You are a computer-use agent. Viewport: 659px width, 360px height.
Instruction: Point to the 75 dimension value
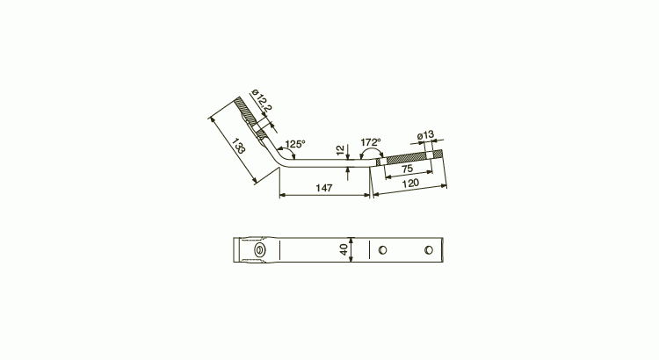point(408,169)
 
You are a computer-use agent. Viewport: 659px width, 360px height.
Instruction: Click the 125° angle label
point(294,143)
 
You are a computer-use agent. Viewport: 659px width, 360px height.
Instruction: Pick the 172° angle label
point(370,142)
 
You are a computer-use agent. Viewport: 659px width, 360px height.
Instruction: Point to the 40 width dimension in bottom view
point(344,249)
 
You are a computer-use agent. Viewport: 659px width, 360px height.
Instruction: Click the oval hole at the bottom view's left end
point(260,250)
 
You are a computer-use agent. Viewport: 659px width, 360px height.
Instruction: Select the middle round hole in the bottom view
point(382,250)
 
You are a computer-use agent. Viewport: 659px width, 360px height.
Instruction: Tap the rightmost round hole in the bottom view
point(428,250)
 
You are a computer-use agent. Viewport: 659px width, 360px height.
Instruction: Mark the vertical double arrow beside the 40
point(351,249)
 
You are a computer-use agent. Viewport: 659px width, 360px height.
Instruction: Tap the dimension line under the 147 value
point(324,195)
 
